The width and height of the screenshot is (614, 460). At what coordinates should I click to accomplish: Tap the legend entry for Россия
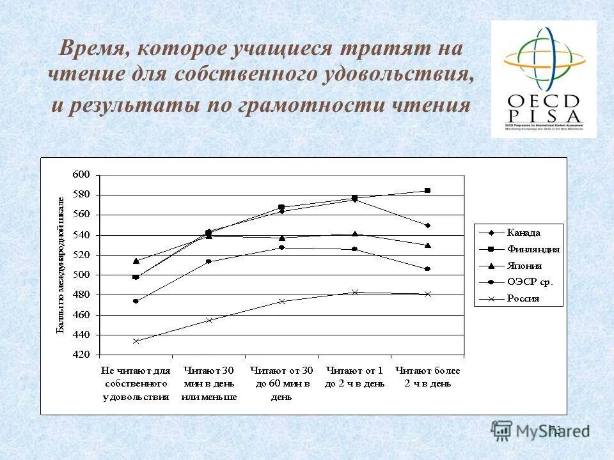click(523, 298)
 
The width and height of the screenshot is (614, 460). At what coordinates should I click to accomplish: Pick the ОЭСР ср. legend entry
click(530, 282)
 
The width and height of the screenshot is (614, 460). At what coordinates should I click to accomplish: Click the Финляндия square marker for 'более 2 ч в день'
click(427, 190)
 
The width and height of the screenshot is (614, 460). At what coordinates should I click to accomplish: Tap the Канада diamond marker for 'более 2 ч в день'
click(427, 226)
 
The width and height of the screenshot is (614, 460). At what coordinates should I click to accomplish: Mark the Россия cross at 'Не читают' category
click(136, 341)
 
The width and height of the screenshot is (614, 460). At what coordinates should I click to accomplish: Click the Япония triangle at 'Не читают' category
click(136, 261)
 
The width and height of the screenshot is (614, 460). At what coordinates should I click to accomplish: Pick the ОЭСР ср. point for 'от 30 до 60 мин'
click(281, 247)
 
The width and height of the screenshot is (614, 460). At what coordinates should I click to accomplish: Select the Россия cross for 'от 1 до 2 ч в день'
click(355, 293)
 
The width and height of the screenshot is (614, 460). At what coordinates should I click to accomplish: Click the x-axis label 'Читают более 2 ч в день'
click(427, 377)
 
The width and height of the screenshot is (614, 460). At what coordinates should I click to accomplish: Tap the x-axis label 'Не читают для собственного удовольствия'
click(136, 383)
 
